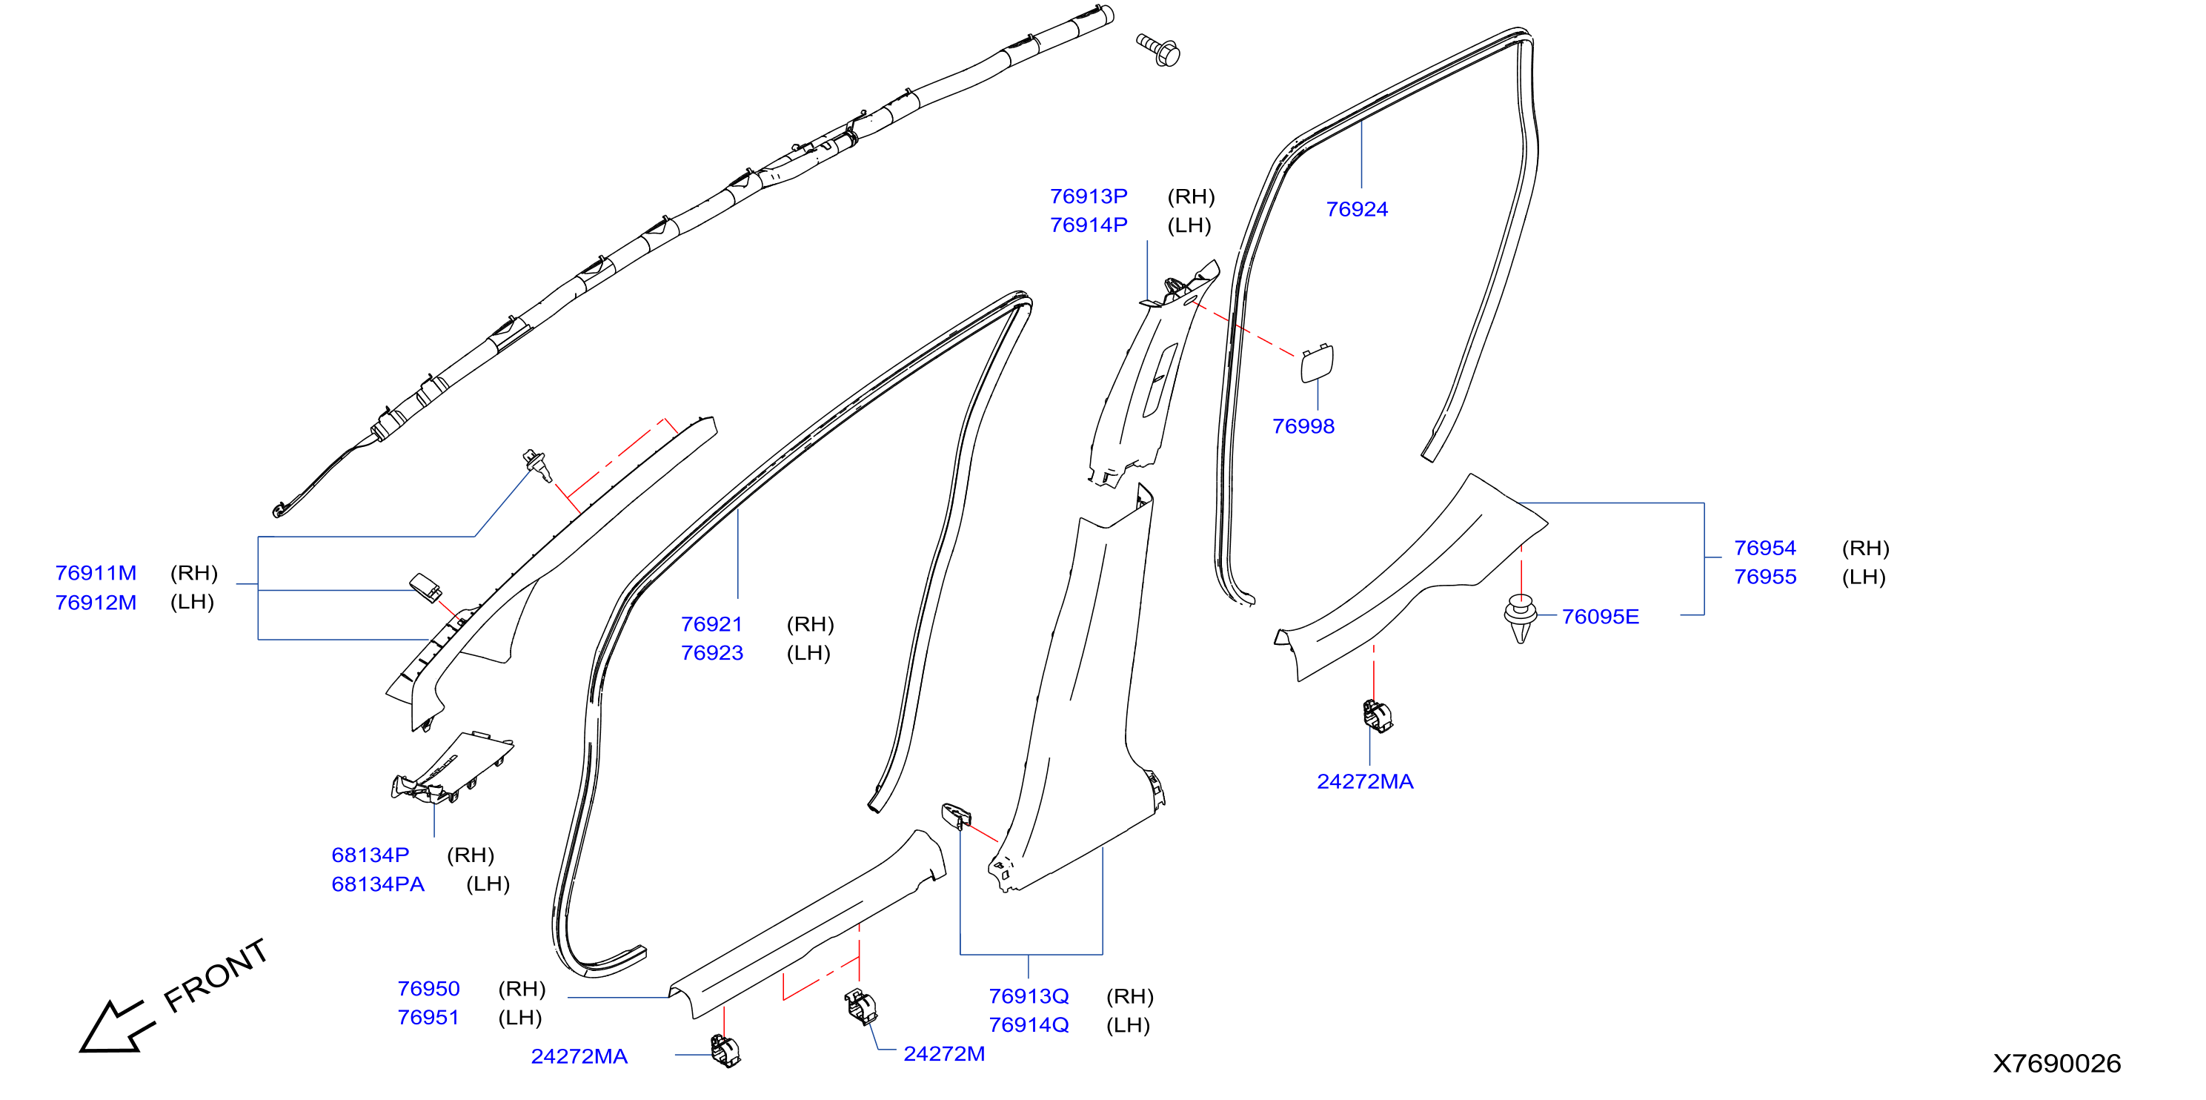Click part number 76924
pyautogui.click(x=1357, y=209)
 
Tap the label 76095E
pyautogui.click(x=1600, y=617)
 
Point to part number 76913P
pyautogui.click(x=1089, y=196)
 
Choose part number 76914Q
pyautogui.click(x=1029, y=1024)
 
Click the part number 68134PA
pyautogui.click(x=378, y=884)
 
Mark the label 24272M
pyautogui.click(x=944, y=1054)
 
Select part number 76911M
pyautogui.click(x=96, y=573)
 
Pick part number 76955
pyautogui.click(x=1765, y=577)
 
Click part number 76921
pyautogui.click(x=711, y=625)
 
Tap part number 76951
pyautogui.click(x=428, y=1018)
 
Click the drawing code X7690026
pyautogui.click(x=2056, y=1064)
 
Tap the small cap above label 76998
pyautogui.click(x=1316, y=363)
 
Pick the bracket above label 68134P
pyautogui.click(x=452, y=768)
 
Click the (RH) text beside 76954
pyautogui.click(x=1865, y=549)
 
